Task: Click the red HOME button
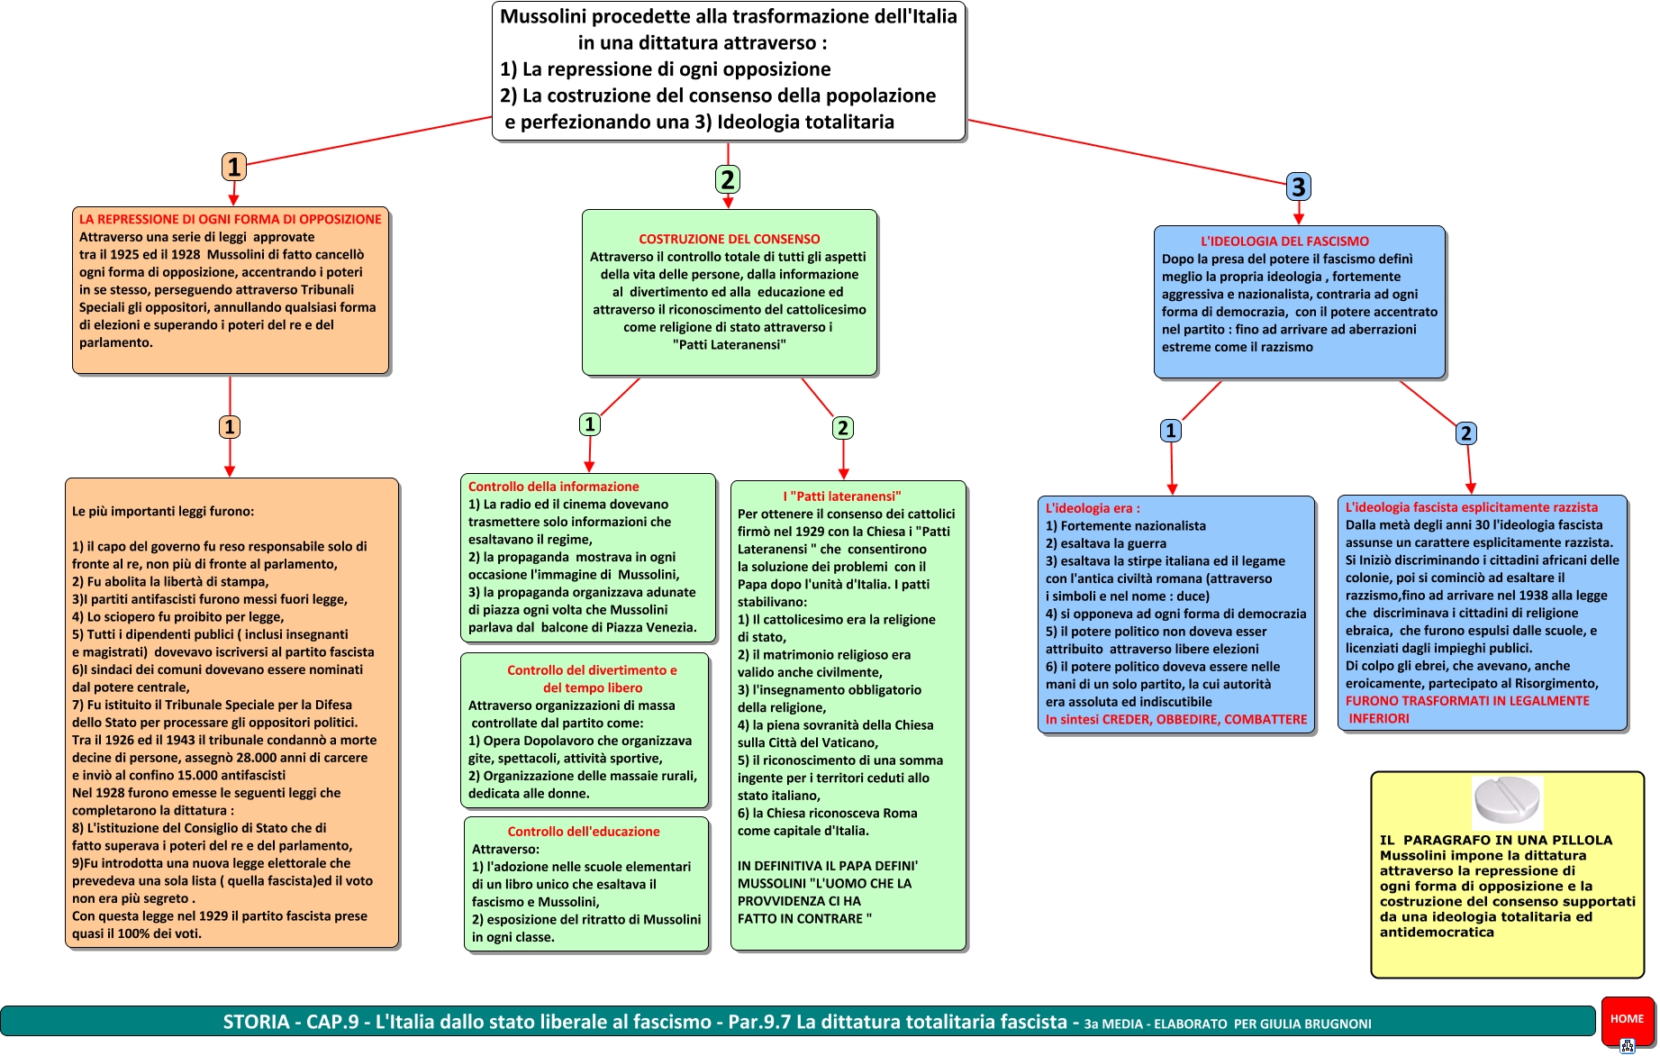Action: click(1627, 1019)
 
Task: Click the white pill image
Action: click(1507, 800)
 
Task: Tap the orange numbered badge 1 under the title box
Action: click(234, 167)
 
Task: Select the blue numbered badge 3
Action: click(1298, 187)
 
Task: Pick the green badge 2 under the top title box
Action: click(728, 179)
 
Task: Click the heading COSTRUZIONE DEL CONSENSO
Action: click(729, 239)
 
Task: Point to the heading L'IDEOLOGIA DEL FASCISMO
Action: click(1284, 241)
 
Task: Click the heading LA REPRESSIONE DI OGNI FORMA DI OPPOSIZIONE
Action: click(230, 219)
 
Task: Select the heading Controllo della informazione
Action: click(553, 487)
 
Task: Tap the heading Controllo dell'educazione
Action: click(584, 832)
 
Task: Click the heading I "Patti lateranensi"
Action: click(842, 496)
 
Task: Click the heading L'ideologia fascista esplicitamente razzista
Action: click(1471, 507)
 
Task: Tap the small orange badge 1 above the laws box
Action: click(230, 427)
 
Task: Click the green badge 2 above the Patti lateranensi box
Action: click(842, 428)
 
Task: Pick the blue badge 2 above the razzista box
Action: click(1465, 433)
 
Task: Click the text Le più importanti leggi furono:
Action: click(163, 511)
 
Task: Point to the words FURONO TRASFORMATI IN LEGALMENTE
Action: click(1467, 701)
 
